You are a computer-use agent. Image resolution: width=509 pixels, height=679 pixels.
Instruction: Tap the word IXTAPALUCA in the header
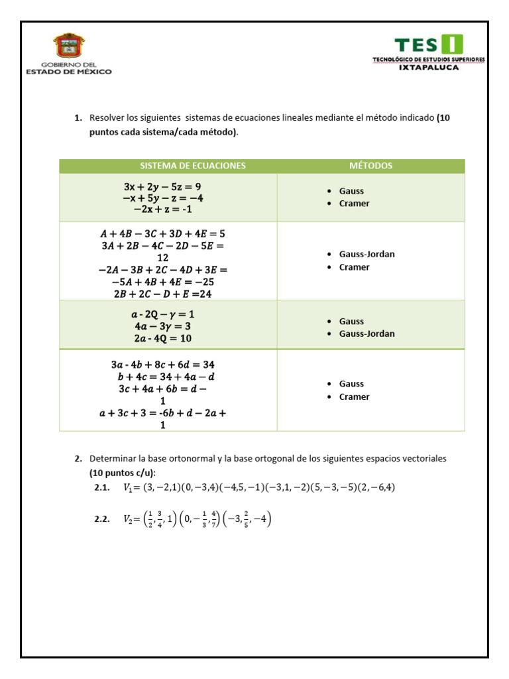[x=428, y=67]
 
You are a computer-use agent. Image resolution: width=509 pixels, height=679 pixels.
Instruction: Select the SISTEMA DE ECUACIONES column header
[x=192, y=166]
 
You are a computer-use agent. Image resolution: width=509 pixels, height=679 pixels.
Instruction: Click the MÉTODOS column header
[x=370, y=166]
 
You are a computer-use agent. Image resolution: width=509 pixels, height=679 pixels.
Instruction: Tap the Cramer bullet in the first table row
[x=354, y=204]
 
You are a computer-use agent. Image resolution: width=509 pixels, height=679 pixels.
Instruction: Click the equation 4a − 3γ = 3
[x=162, y=326]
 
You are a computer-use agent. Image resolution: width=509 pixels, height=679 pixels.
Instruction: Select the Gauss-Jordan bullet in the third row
[x=367, y=334]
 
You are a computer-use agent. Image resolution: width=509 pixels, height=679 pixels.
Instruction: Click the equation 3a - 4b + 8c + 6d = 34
[x=162, y=365]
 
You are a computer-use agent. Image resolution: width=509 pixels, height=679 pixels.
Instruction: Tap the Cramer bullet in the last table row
[x=354, y=397]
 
